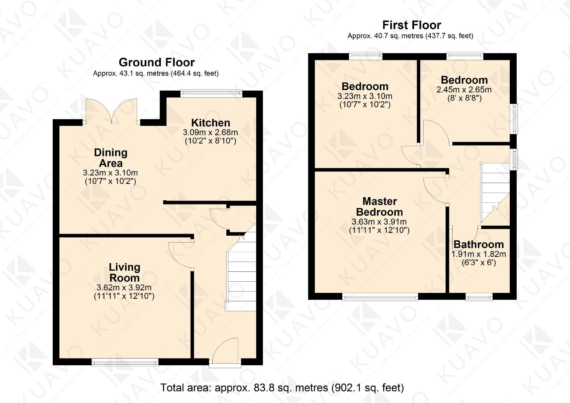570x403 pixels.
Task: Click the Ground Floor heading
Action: pyautogui.click(x=157, y=62)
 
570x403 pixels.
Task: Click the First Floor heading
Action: pyautogui.click(x=411, y=25)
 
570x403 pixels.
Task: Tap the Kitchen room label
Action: pyautogui.click(x=211, y=123)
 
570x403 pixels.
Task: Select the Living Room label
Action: pyautogui.click(x=124, y=272)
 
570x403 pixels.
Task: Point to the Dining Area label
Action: pyautogui.click(x=111, y=158)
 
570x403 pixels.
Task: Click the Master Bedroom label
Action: pyautogui.click(x=379, y=206)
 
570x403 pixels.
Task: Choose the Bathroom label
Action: pyautogui.click(x=479, y=244)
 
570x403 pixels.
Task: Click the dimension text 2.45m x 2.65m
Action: pyautogui.click(x=464, y=90)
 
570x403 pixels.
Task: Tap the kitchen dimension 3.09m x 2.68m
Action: pyautogui.click(x=210, y=132)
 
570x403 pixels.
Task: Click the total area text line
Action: pyautogui.click(x=282, y=388)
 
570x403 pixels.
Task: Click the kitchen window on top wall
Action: pyautogui.click(x=211, y=93)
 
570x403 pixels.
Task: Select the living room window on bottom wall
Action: pyautogui.click(x=125, y=362)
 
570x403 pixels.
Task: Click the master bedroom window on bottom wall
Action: pyautogui.click(x=380, y=297)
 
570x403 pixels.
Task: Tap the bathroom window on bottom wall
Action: pyautogui.click(x=479, y=297)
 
